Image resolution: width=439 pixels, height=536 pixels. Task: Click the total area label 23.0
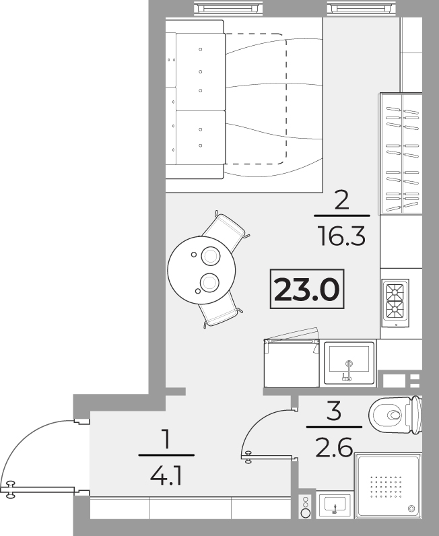306,289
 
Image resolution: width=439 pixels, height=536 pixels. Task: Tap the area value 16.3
342,236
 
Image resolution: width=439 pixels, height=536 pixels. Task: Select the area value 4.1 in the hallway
166,477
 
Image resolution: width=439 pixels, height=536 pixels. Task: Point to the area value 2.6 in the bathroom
334,448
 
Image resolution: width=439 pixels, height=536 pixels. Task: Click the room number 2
342,201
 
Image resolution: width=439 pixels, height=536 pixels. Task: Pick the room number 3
334,411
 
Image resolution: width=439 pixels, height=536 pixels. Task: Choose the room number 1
166,439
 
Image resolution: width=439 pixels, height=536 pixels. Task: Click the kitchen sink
349,363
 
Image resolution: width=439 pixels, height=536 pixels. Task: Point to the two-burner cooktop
395,303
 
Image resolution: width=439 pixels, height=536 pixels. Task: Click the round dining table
201,270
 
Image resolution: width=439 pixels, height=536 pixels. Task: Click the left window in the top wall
229,8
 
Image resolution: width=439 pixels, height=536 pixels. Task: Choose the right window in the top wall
362,8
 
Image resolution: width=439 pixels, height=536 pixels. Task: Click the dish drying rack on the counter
401,153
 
